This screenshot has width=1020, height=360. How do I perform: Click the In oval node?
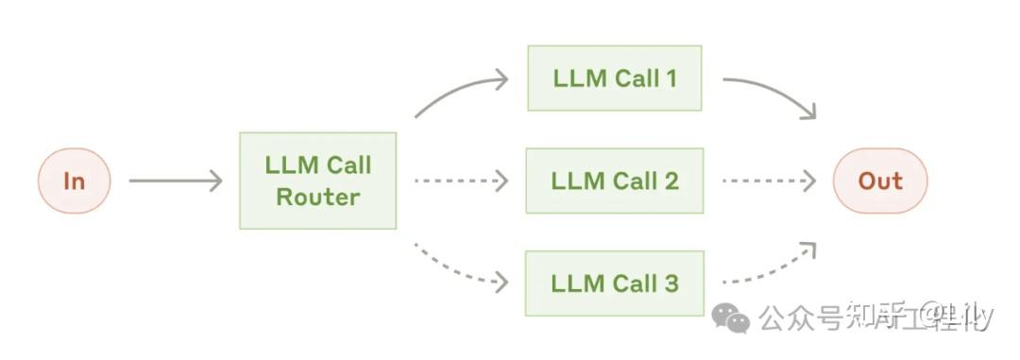74,180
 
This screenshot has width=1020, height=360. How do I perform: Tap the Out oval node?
879,180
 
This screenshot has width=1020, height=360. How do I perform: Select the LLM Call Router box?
317,180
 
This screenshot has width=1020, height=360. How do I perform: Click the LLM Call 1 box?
615,77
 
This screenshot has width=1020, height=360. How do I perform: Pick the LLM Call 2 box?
615,180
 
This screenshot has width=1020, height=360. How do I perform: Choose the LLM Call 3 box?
615,283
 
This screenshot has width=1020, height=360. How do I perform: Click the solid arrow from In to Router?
175,180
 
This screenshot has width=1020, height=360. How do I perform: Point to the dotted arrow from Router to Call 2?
460,180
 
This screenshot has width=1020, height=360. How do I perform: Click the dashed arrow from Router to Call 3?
460,269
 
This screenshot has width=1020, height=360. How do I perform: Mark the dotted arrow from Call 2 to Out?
768,180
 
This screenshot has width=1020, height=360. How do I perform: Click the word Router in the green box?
318,197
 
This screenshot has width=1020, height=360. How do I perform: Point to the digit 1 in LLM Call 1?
671,77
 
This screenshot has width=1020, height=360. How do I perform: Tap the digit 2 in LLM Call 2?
671,180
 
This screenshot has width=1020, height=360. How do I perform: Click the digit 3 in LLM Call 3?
671,283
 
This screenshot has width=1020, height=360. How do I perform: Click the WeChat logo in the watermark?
731,318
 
